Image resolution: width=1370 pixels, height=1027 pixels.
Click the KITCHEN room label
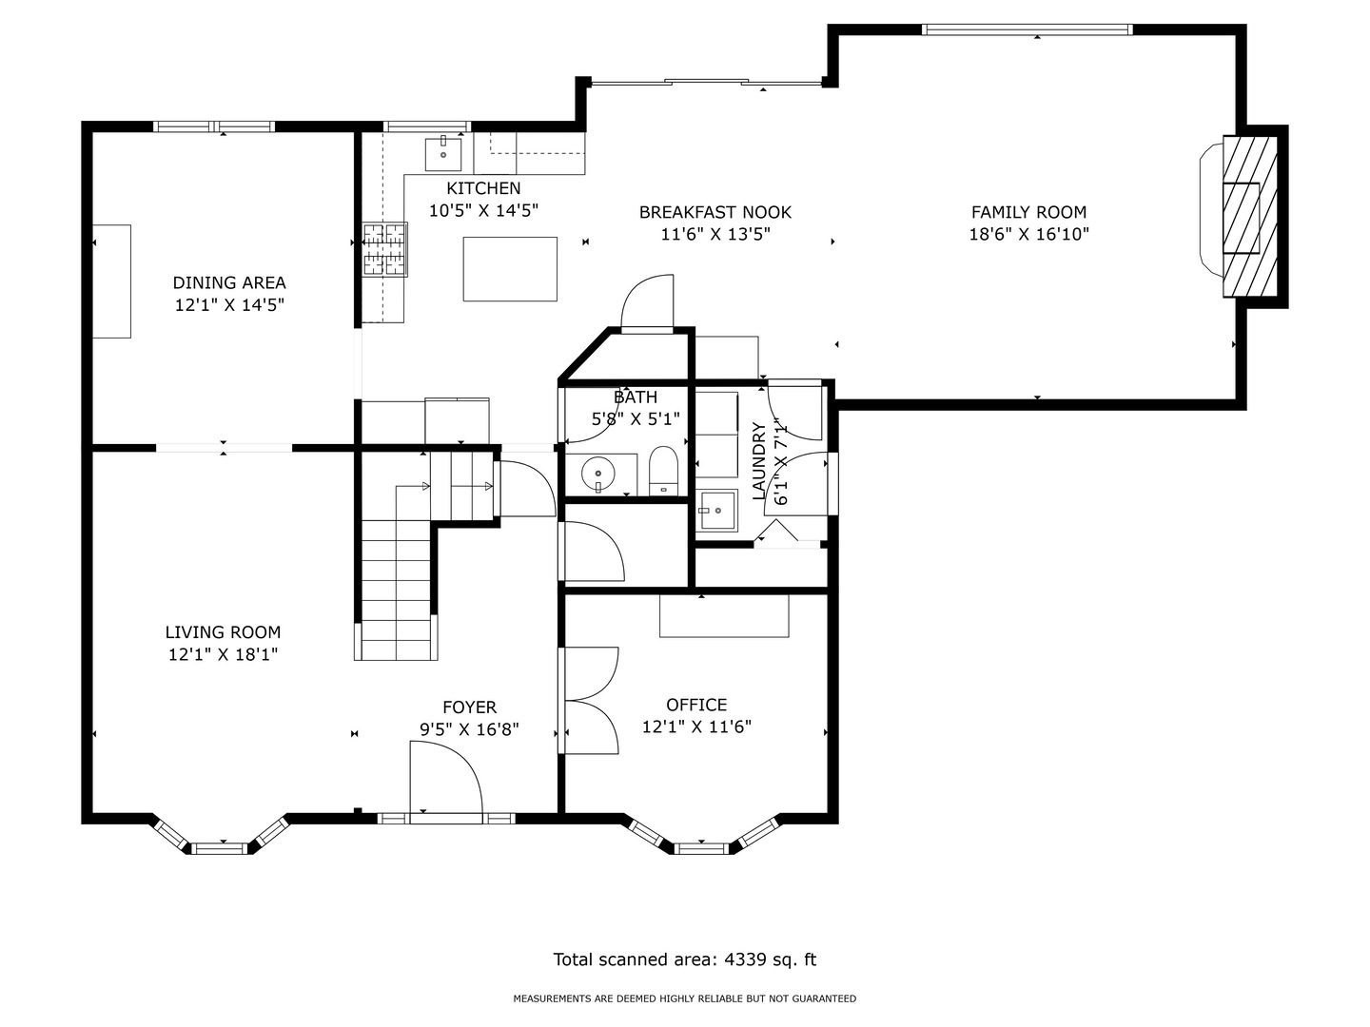[x=483, y=187]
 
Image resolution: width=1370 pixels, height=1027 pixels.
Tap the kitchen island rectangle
[x=510, y=269]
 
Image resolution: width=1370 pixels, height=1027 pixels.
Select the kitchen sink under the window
[x=443, y=154]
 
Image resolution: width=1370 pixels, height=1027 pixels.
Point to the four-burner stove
[x=385, y=249]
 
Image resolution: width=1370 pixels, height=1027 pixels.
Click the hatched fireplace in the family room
[x=1249, y=217]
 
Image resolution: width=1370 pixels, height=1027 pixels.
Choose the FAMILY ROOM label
[x=1028, y=212]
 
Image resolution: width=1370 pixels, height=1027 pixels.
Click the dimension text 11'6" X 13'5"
[x=715, y=235]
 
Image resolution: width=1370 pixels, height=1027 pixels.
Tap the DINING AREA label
[x=229, y=282]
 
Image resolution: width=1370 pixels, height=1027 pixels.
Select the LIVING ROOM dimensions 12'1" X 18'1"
[x=223, y=654]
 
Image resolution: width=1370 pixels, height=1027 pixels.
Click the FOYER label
[x=469, y=707]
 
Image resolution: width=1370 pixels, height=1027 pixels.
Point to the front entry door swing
[x=445, y=777]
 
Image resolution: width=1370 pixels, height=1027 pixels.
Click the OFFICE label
[x=695, y=705]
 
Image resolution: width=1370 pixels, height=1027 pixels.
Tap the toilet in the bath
[x=663, y=471]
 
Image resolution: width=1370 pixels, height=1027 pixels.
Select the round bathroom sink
[x=597, y=475]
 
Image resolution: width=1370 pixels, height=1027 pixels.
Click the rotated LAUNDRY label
[x=759, y=461]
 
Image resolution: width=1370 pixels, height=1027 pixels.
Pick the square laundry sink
[x=716, y=510]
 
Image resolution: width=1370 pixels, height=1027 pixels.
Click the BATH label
[x=636, y=397]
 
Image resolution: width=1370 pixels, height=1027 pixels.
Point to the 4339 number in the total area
[x=745, y=959]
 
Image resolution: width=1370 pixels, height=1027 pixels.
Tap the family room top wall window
[x=1027, y=29]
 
